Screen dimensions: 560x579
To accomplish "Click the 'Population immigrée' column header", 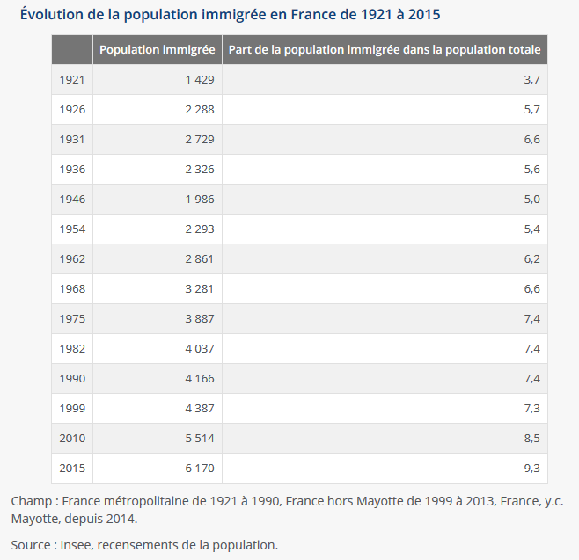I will tap(158, 50).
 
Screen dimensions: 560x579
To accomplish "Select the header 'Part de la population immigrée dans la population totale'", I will tap(385, 50).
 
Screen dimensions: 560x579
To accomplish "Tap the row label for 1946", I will tap(71, 200).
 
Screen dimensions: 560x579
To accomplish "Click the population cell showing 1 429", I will tap(200, 80).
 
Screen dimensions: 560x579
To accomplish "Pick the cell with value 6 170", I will tap(200, 469).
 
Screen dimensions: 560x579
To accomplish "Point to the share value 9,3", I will tap(531, 469).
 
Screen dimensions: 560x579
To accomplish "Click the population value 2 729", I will tap(200, 140).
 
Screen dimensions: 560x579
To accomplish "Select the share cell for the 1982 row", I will tap(531, 349).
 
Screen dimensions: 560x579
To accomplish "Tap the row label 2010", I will tap(72, 439).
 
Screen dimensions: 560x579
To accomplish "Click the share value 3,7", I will tap(531, 80).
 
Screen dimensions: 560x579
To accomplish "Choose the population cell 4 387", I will tap(200, 409).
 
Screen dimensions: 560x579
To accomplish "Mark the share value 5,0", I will tap(531, 200).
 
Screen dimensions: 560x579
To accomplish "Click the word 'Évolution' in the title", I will tap(51, 15).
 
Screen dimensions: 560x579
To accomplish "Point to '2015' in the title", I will tap(423, 15).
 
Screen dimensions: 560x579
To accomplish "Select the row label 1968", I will tap(71, 289).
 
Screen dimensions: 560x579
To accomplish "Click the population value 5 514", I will tap(200, 439).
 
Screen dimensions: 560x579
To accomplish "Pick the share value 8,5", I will tap(531, 439).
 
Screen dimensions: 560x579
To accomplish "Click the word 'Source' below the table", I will tap(31, 544).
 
